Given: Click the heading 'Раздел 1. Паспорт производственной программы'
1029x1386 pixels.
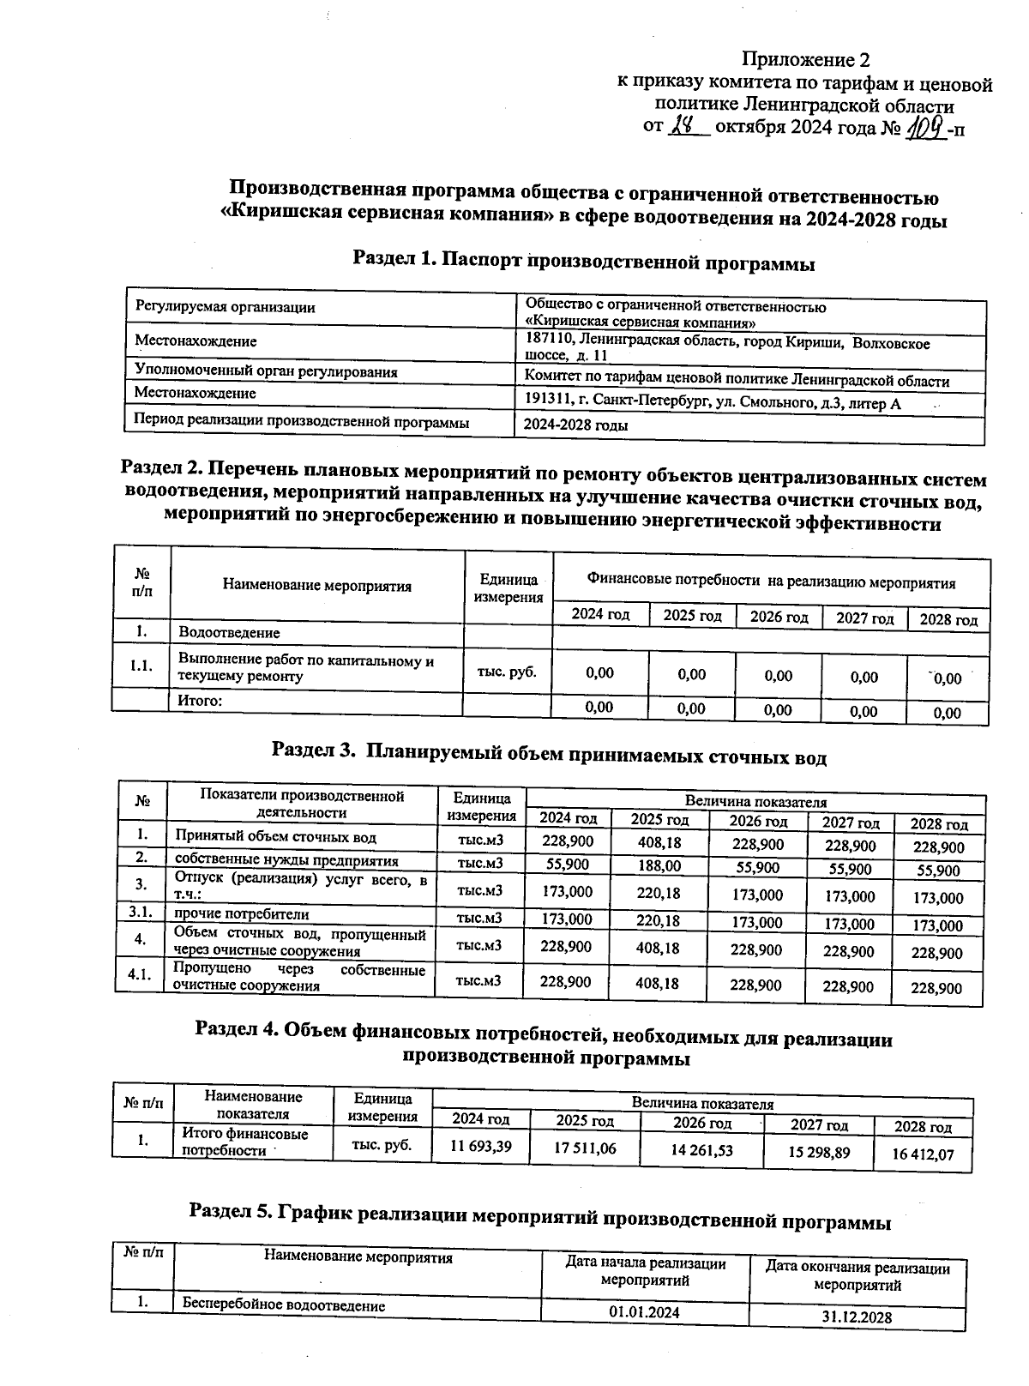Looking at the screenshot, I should (x=584, y=262).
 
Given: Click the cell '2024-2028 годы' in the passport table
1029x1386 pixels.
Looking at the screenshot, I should (x=575, y=425).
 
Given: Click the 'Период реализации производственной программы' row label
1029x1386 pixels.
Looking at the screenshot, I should (x=302, y=422).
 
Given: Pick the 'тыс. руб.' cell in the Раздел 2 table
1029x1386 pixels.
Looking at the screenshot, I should (x=507, y=672).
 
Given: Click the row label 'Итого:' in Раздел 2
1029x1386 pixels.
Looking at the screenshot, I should (x=200, y=701).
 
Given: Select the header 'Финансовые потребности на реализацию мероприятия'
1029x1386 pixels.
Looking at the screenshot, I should (x=771, y=583).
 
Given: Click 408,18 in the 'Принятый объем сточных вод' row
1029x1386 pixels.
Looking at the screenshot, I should (x=659, y=842).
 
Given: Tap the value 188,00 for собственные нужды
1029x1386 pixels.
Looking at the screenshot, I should (x=659, y=866).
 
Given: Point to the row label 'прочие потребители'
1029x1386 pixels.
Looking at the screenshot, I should (x=242, y=914).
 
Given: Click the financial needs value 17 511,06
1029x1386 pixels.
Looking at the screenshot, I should (x=585, y=1148).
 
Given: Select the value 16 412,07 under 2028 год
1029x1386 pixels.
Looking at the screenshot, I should (x=923, y=1154).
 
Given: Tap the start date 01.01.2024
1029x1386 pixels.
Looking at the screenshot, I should (x=644, y=1312).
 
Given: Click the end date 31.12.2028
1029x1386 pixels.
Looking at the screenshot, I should (x=857, y=1317).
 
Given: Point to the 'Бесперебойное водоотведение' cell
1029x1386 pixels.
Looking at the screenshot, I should (x=283, y=1305).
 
